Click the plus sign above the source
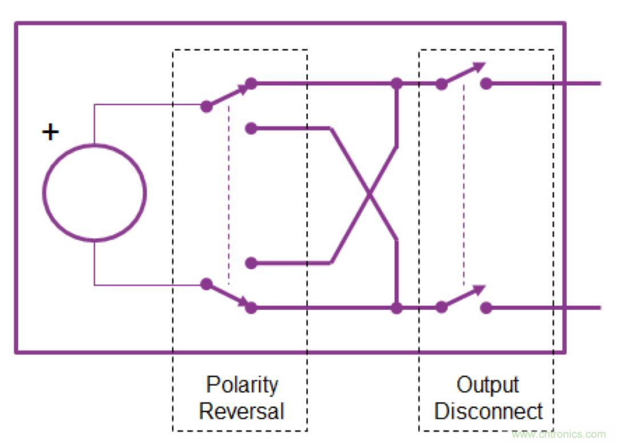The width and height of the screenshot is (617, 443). (51, 133)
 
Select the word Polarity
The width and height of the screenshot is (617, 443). (242, 385)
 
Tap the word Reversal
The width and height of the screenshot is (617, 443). (241, 410)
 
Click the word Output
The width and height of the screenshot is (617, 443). (487, 385)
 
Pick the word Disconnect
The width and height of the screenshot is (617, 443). (488, 410)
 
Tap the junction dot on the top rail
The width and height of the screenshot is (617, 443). (396, 84)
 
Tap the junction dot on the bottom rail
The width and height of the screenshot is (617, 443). (396, 308)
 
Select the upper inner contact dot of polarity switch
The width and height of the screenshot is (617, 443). (251, 129)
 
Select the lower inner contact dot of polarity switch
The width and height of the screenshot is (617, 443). (251, 264)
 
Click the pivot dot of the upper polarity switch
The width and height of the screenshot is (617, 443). (207, 106)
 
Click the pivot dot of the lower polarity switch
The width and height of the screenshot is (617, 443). (207, 284)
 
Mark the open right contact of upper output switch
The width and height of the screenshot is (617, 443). (486, 84)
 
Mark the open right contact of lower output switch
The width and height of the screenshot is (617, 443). (486, 308)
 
